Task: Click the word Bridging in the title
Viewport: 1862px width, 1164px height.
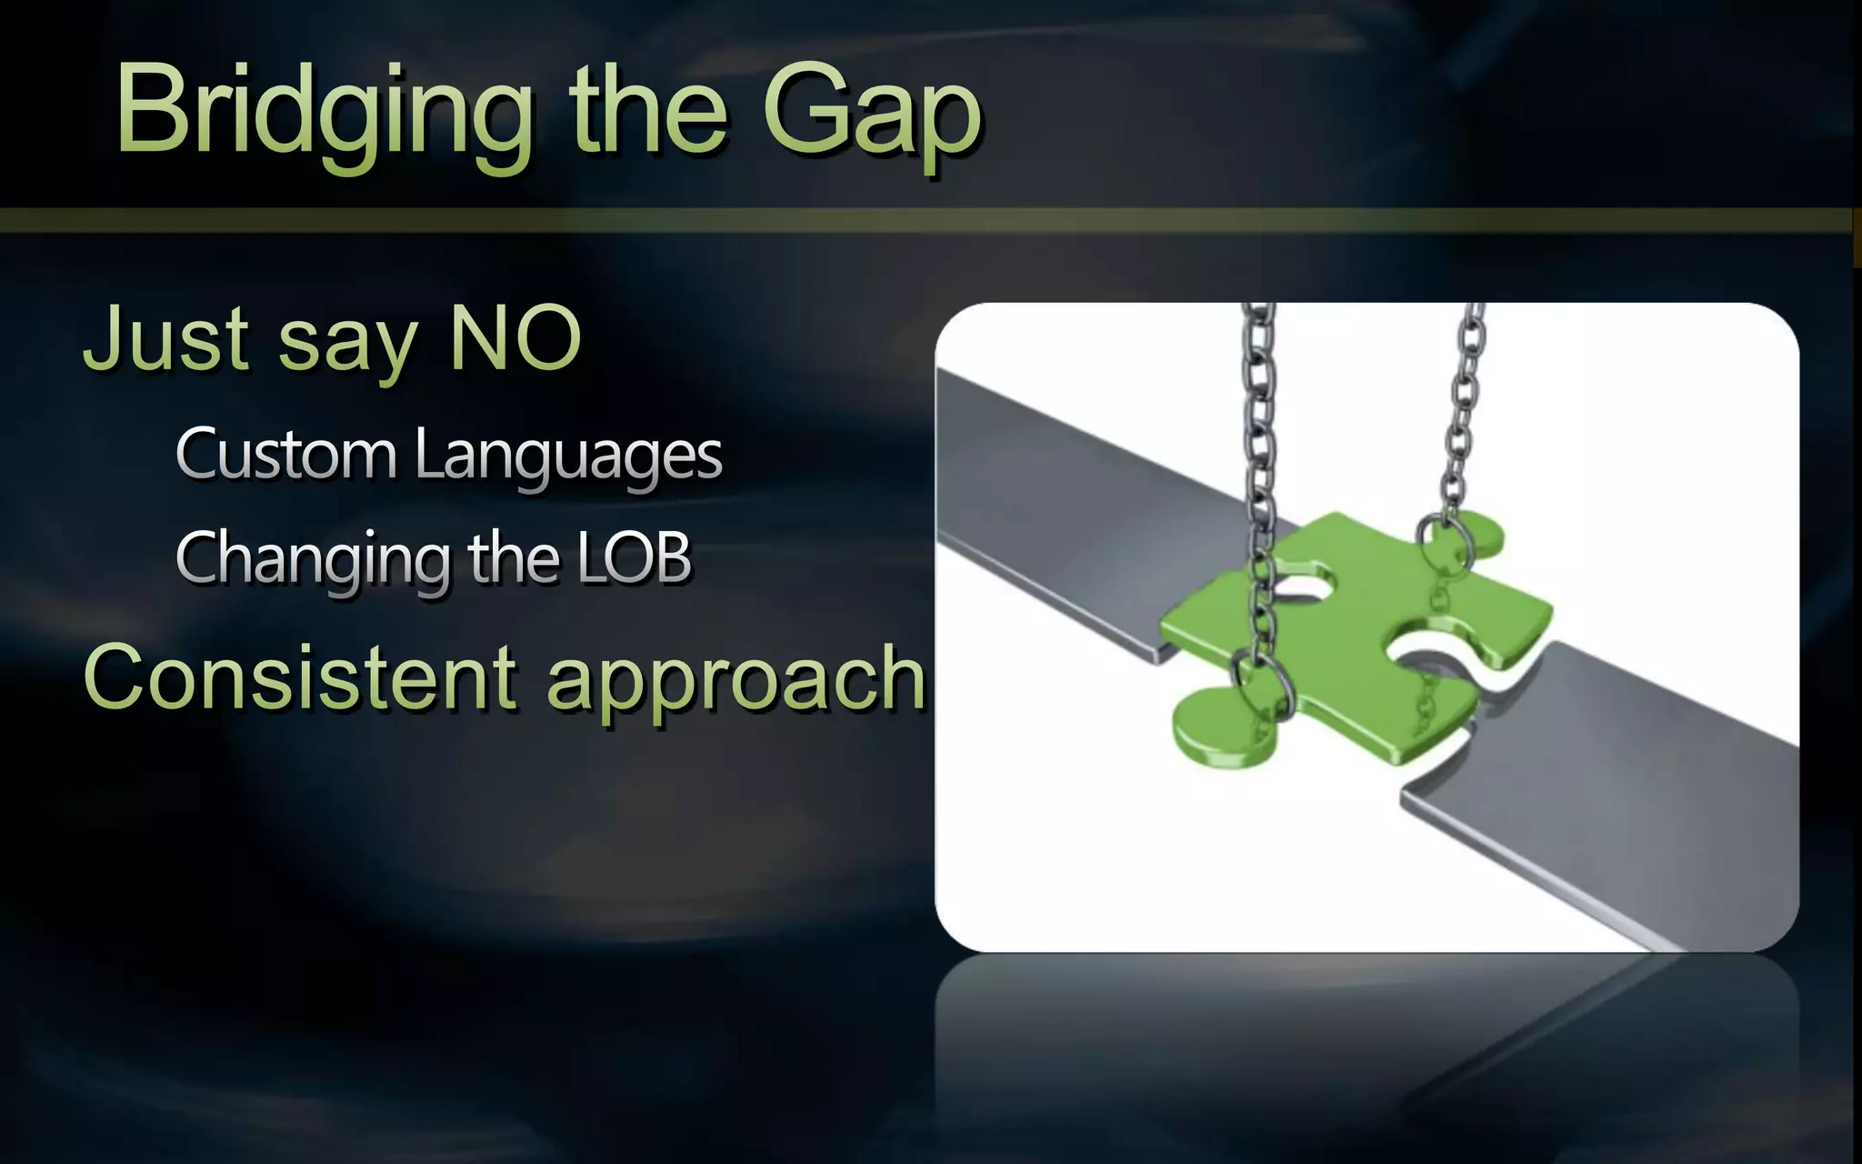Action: (324, 113)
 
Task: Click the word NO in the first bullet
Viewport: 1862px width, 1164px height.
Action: (515, 338)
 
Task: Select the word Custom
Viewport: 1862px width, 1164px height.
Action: (285, 454)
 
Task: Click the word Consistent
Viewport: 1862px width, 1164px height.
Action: (301, 677)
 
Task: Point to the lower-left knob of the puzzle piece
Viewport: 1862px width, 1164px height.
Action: (1218, 727)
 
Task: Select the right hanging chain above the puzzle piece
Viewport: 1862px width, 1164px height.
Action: (1464, 409)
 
